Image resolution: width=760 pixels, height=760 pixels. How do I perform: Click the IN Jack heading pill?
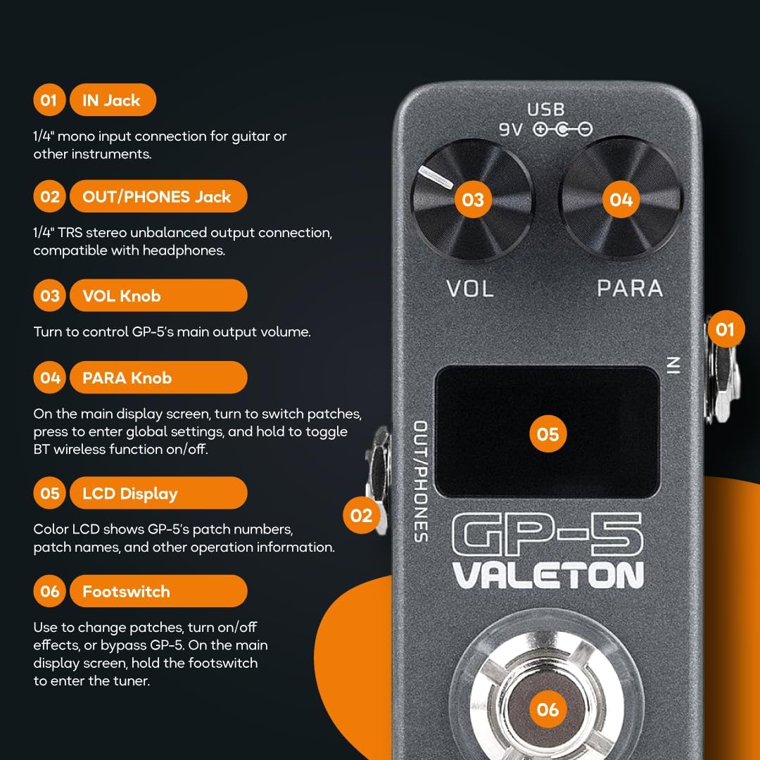[x=112, y=101]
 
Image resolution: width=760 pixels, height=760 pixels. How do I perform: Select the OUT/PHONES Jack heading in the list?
[x=158, y=197]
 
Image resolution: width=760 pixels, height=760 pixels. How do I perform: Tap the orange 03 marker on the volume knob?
[x=473, y=200]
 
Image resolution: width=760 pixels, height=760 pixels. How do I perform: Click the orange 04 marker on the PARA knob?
[x=621, y=200]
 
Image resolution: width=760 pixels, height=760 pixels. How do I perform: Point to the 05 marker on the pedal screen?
[x=547, y=433]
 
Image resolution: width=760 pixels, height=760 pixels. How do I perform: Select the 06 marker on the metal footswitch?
[x=547, y=709]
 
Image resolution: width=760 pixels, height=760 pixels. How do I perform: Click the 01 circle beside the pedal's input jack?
[x=725, y=329]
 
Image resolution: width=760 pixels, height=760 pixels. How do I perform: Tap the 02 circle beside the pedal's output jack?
[x=361, y=516]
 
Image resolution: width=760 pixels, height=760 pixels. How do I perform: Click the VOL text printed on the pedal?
[x=470, y=288]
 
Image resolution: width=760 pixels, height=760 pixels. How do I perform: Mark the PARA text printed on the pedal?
[x=629, y=288]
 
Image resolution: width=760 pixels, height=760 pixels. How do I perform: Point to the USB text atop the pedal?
[x=546, y=110]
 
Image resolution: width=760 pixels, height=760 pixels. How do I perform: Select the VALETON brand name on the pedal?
[x=547, y=575]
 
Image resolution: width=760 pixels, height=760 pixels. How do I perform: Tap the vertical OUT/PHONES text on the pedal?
[x=420, y=481]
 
